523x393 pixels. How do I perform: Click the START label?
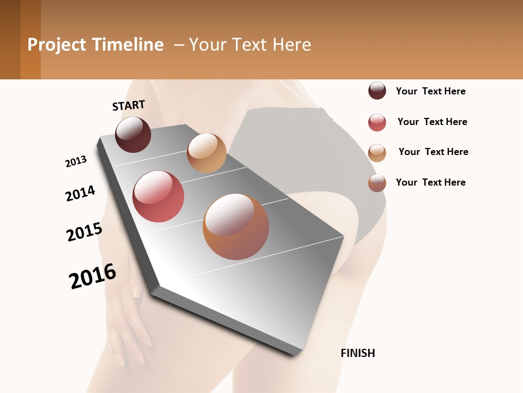pos(129,105)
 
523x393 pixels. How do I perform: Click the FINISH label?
pos(358,353)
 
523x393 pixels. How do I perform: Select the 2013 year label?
pos(76,162)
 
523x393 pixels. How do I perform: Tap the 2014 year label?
pos(80,193)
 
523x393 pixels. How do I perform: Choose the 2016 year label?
pos(93,276)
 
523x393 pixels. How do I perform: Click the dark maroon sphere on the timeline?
pos(133,134)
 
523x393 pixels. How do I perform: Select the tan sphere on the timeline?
pos(206,152)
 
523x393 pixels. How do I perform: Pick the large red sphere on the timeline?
pos(158,196)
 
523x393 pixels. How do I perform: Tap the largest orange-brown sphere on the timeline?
pos(236,227)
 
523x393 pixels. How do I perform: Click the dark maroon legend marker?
pos(377,91)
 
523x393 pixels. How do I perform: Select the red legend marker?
pos(377,122)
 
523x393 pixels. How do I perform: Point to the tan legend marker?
pos(377,152)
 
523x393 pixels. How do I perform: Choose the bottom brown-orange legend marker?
pos(377,183)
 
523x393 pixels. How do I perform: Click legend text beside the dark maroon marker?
pos(430,91)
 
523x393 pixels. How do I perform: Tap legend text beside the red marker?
pos(432,122)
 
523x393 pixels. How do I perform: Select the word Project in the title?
pos(57,45)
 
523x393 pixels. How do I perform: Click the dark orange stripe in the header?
pos(30,39)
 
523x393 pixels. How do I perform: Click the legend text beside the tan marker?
pos(433,152)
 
